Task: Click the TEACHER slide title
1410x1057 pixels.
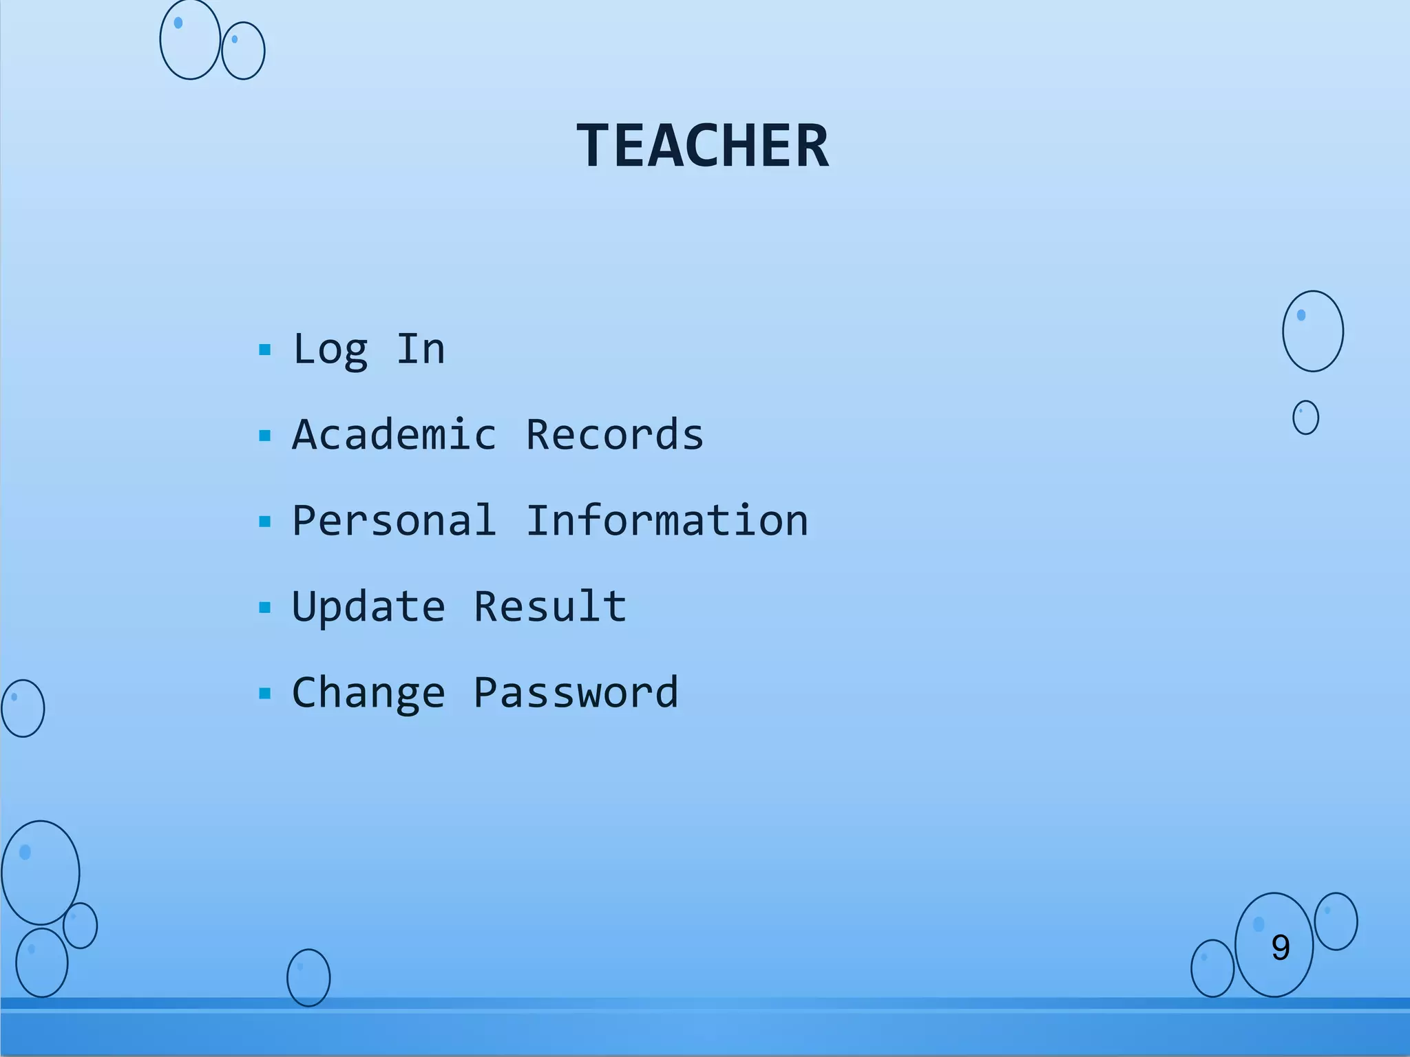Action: pos(703,145)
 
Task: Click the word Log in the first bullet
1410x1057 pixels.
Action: pos(330,350)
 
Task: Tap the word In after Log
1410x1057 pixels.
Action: pos(421,349)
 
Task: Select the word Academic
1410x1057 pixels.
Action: pos(394,435)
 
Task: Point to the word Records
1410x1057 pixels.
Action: pos(615,435)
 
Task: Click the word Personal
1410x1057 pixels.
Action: pos(394,521)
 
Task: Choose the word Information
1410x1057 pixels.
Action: pos(667,521)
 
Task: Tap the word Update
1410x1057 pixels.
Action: pos(369,607)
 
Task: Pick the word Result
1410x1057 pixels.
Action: pos(550,606)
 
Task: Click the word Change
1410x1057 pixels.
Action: pos(369,693)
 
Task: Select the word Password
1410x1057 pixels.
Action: pos(576,693)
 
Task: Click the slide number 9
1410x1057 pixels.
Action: pos(1281,948)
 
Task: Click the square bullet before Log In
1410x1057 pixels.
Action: pos(265,350)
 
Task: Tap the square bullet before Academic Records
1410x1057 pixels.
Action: pos(265,436)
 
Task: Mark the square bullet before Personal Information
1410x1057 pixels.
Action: pos(265,522)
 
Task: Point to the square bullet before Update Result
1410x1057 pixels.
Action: pos(265,608)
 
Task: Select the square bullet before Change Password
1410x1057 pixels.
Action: pos(265,694)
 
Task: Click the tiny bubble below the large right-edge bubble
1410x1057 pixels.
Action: pos(1305,418)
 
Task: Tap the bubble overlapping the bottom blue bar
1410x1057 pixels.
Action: pos(308,978)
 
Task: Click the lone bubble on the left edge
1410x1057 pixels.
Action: pos(23,708)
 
